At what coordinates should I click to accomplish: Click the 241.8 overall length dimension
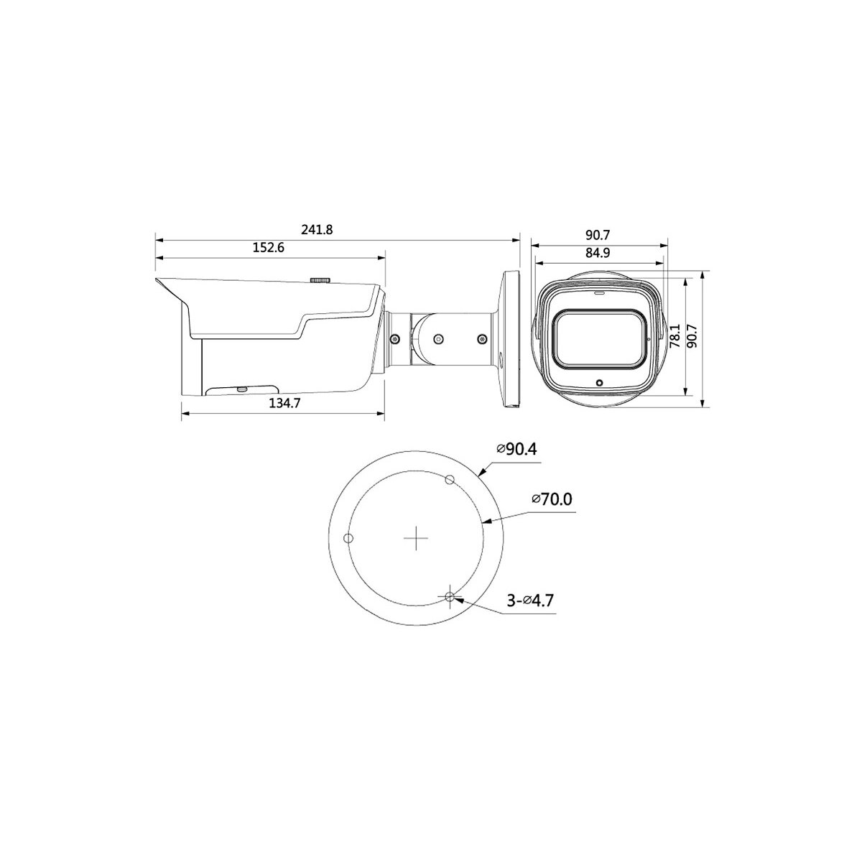click(317, 229)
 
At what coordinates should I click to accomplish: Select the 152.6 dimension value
click(269, 247)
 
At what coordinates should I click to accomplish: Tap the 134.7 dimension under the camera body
click(284, 403)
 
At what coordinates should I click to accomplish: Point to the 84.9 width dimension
click(598, 253)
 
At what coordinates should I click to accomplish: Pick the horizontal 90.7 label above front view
click(598, 235)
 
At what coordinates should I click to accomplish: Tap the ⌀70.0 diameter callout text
click(552, 499)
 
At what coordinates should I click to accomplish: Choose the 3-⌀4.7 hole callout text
click(530, 600)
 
